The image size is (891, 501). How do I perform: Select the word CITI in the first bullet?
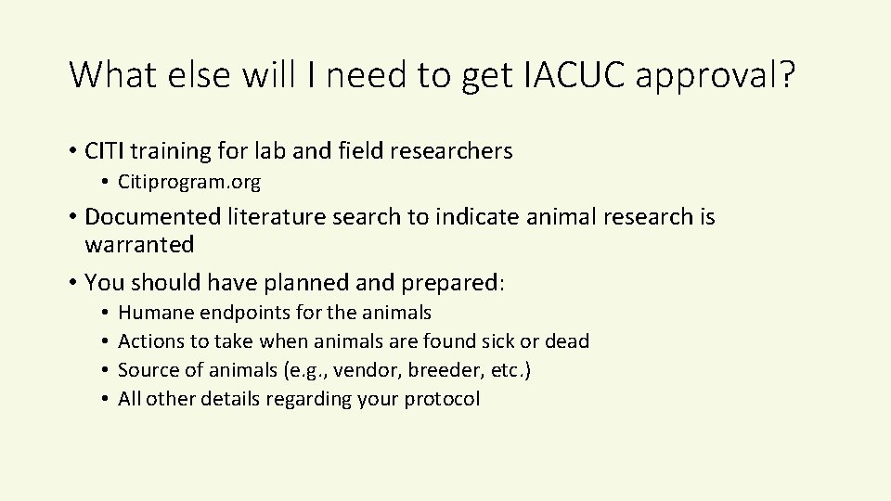click(x=108, y=149)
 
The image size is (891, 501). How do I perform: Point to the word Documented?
click(x=150, y=216)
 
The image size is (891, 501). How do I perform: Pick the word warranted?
click(x=139, y=245)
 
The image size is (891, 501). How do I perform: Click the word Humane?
click(x=152, y=313)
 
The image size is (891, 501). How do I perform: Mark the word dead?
click(x=567, y=341)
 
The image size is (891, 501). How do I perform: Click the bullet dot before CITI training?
click(x=72, y=149)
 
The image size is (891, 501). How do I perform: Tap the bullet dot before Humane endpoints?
click(x=108, y=313)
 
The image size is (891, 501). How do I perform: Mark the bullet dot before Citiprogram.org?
click(x=108, y=182)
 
